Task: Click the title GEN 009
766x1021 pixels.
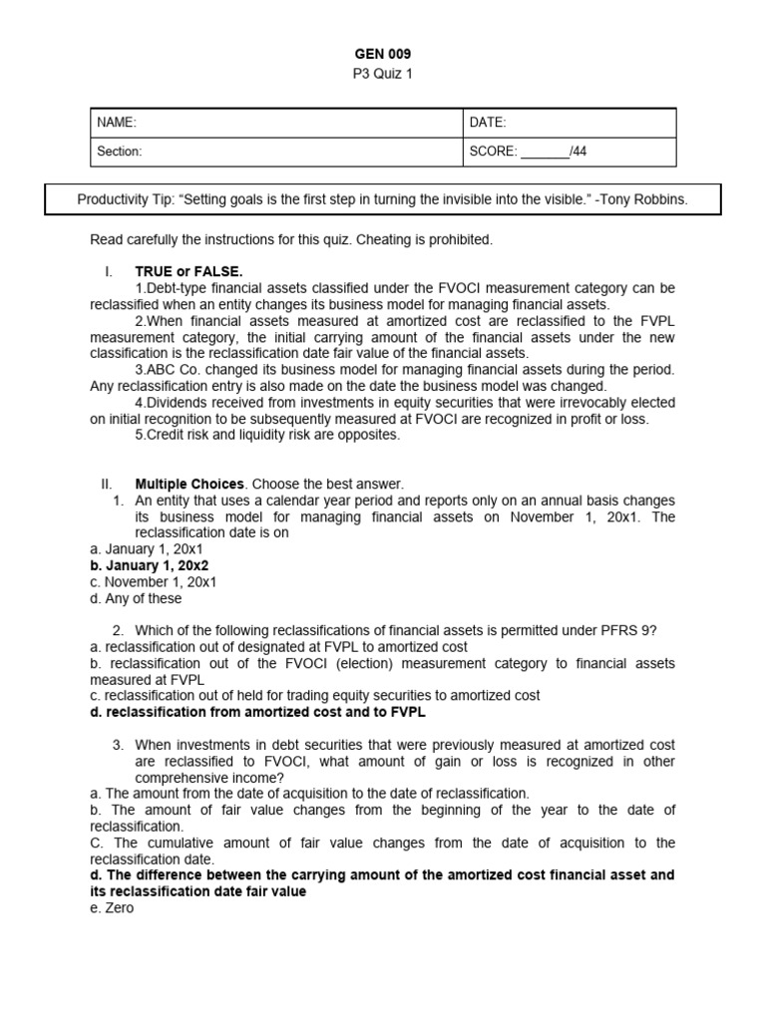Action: tap(383, 54)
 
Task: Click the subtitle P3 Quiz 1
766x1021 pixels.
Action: tap(383, 74)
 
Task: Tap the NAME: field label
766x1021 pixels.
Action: tap(117, 123)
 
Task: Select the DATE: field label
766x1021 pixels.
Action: tap(488, 123)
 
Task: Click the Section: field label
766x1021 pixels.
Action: tap(120, 152)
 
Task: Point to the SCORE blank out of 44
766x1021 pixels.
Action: tap(544, 152)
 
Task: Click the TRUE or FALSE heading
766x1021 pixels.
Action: tap(189, 271)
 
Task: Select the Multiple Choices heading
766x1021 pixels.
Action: tap(190, 484)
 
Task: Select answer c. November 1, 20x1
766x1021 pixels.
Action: tap(153, 581)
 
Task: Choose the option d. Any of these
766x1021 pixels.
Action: tap(136, 598)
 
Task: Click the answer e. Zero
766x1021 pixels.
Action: tap(111, 908)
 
